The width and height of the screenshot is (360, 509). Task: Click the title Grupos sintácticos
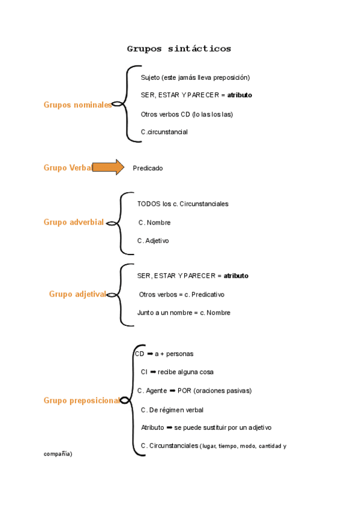click(x=179, y=49)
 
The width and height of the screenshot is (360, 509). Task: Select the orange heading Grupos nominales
click(x=77, y=104)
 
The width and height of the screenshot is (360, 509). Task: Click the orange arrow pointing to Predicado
click(x=108, y=167)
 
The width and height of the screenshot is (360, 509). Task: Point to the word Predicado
click(x=148, y=169)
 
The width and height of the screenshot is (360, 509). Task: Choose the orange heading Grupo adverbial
click(x=73, y=222)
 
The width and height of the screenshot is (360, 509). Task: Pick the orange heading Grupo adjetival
click(x=77, y=294)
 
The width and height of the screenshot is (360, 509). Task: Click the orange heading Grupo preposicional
click(x=82, y=400)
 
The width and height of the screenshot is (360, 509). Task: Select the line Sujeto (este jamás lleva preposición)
click(x=195, y=77)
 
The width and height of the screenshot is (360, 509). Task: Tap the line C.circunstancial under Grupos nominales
click(x=164, y=132)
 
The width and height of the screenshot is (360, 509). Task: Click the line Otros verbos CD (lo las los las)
click(x=187, y=114)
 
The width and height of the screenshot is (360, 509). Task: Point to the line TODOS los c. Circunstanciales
click(x=182, y=204)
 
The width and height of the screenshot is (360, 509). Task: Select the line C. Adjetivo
click(x=153, y=241)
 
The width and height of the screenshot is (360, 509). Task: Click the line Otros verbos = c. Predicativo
click(x=181, y=295)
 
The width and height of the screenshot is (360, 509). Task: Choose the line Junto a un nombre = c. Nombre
click(x=184, y=313)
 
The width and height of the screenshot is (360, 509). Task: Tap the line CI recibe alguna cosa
click(x=177, y=372)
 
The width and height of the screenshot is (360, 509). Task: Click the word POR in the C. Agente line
click(x=184, y=391)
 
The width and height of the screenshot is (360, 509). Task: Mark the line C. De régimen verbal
click(x=172, y=410)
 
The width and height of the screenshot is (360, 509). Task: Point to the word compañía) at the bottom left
click(x=58, y=454)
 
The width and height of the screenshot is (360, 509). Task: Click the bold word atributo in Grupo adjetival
click(x=236, y=276)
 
